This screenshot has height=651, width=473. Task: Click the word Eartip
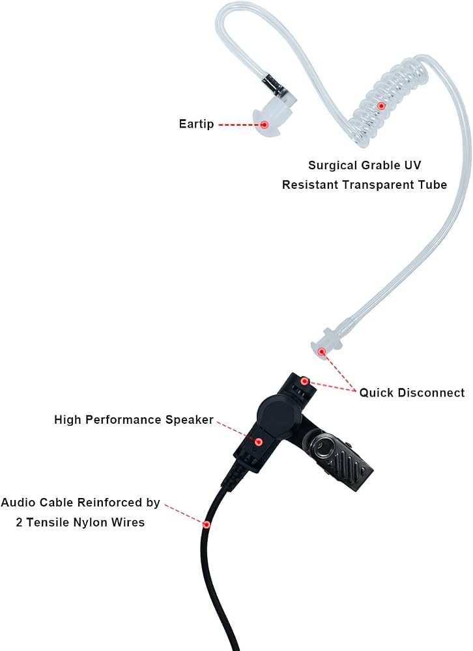pos(196,124)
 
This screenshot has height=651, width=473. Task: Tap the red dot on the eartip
pos(264,124)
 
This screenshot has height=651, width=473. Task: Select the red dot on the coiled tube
pos(380,106)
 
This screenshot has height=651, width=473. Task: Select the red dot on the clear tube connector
pos(321,352)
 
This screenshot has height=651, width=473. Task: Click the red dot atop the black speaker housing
pos(305,381)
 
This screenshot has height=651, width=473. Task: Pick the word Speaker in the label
pos(190,420)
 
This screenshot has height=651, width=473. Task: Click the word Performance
pos(126,420)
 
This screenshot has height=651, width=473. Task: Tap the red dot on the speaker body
pos(259,442)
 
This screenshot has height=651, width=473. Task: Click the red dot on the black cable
pos(206,524)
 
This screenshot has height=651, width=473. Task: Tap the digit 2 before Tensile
pos(19,522)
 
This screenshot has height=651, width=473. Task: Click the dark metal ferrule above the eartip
pos(275,85)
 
